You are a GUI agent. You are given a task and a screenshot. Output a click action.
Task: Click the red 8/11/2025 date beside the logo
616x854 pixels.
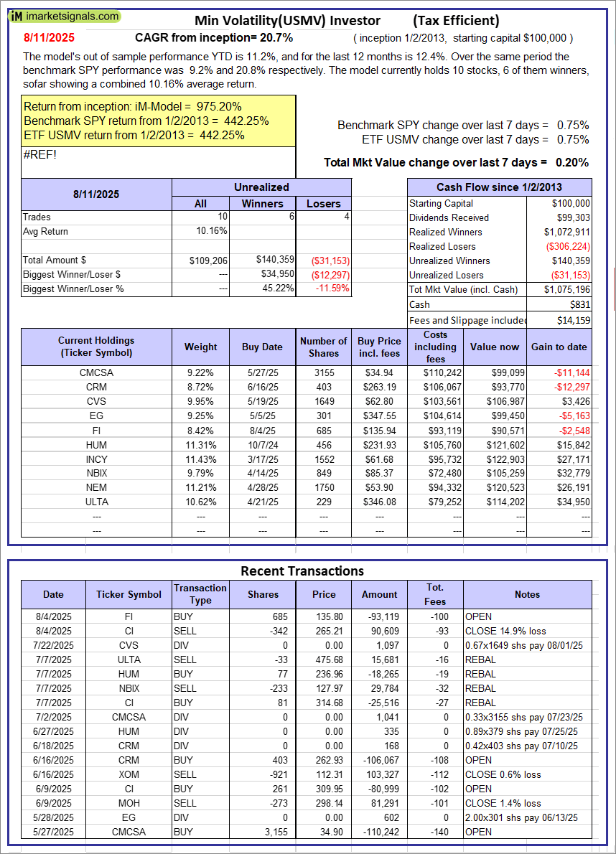49,37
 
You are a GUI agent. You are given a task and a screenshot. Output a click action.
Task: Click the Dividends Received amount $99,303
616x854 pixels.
571,217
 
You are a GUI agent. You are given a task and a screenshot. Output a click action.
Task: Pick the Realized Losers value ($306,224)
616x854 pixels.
571,246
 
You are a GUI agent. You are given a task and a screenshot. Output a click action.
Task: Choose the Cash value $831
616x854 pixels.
579,305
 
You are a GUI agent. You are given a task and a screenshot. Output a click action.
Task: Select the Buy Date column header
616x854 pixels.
262,347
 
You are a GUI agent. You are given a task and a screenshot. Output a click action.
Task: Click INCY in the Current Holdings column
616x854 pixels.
96,459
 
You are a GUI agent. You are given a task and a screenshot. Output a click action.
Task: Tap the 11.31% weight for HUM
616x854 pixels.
200,444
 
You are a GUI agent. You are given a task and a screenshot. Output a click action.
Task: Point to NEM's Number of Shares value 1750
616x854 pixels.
323,487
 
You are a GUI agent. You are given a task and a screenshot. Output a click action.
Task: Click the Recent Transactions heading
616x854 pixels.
302,571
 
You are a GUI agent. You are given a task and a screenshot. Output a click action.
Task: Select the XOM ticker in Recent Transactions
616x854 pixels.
129,774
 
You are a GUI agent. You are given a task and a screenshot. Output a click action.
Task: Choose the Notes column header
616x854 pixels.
527,594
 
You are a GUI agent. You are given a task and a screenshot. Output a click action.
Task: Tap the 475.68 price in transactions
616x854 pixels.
324,660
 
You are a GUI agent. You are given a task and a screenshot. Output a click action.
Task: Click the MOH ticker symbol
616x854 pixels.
129,803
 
